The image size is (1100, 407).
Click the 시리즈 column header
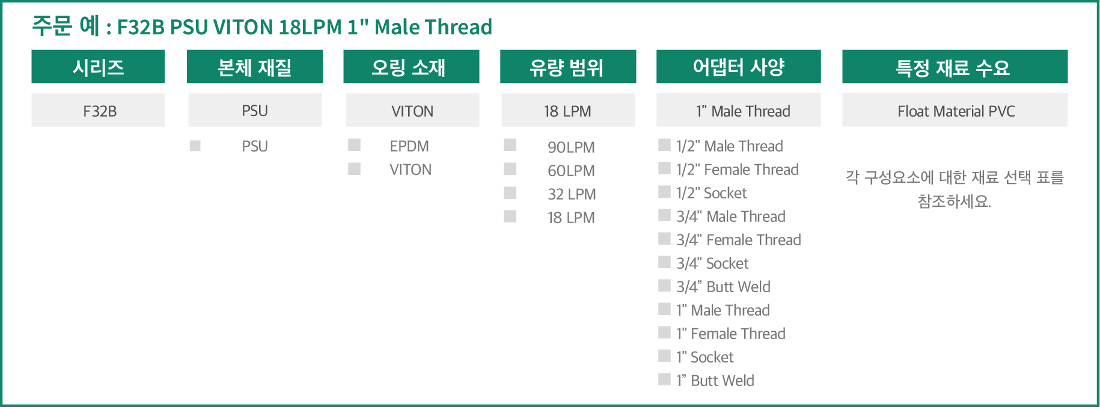[x=98, y=67]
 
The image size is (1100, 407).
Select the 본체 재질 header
[x=255, y=67]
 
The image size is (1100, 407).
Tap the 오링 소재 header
[x=411, y=67]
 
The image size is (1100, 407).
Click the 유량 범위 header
[x=568, y=67]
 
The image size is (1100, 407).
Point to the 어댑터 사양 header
[x=738, y=67]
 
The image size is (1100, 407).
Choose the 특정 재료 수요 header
[x=955, y=67]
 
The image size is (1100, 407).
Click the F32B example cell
[x=98, y=110]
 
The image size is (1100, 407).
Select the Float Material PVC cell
[x=955, y=110]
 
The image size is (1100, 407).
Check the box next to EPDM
[x=355, y=145]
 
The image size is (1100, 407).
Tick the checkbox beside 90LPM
[x=510, y=145]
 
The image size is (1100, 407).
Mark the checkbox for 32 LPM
[x=510, y=192]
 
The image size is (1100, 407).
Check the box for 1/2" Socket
[x=664, y=192]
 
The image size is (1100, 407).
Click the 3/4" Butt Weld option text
[x=723, y=287]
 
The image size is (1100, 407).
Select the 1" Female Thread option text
[x=730, y=334]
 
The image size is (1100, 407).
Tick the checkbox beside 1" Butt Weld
[x=664, y=379]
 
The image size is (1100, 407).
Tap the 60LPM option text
[x=571, y=171]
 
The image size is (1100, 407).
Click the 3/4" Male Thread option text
[x=731, y=216]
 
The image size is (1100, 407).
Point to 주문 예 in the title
[x=66, y=26]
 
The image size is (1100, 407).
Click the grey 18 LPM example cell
[x=568, y=110]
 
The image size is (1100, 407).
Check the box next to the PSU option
[x=195, y=145]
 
